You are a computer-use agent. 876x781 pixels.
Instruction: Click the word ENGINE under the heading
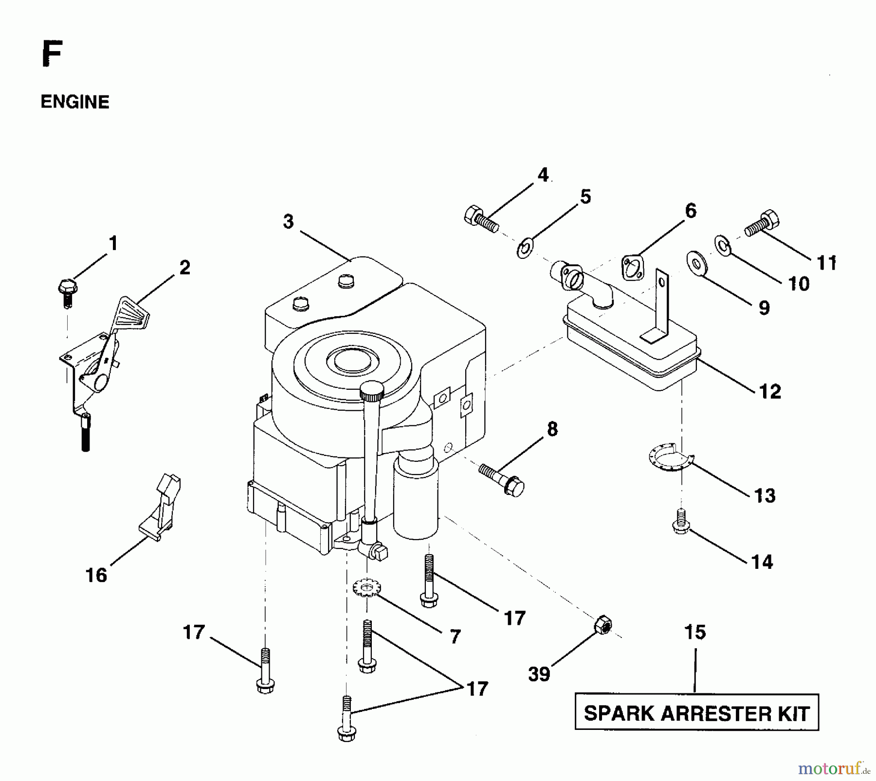[x=75, y=102]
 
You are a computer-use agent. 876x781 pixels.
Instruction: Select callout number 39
[x=539, y=674]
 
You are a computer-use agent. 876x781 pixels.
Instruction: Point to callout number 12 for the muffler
[x=769, y=391]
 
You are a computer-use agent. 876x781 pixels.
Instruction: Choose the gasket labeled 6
[x=632, y=268]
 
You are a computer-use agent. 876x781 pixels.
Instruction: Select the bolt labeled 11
[x=762, y=224]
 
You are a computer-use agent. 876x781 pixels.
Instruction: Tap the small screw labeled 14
[x=680, y=521]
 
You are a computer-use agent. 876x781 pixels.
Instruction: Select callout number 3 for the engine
[x=289, y=222]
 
